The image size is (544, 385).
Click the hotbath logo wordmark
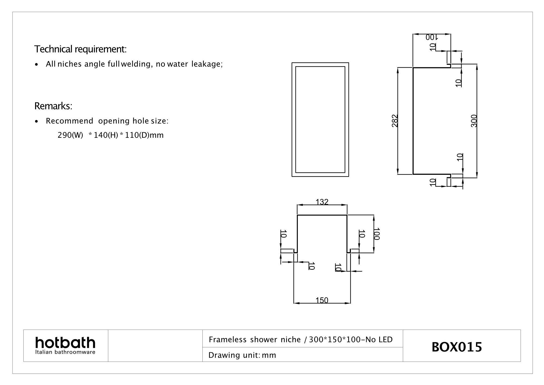65,343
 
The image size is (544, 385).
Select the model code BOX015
457,347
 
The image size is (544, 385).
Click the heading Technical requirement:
80,49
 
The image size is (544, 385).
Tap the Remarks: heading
53,106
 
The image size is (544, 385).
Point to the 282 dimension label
395,121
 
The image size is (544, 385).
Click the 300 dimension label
474,121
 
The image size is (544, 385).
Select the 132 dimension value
322,202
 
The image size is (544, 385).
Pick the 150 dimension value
322,300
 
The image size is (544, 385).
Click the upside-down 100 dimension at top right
431,37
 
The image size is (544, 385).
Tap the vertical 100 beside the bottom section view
376,234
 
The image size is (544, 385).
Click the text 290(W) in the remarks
70,135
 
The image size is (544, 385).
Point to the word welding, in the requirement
136,64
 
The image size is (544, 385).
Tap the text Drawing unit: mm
242,355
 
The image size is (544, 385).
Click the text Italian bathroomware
65,352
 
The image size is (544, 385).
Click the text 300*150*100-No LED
351,340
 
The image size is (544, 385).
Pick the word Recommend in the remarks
69,121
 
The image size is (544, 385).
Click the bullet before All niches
36,65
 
